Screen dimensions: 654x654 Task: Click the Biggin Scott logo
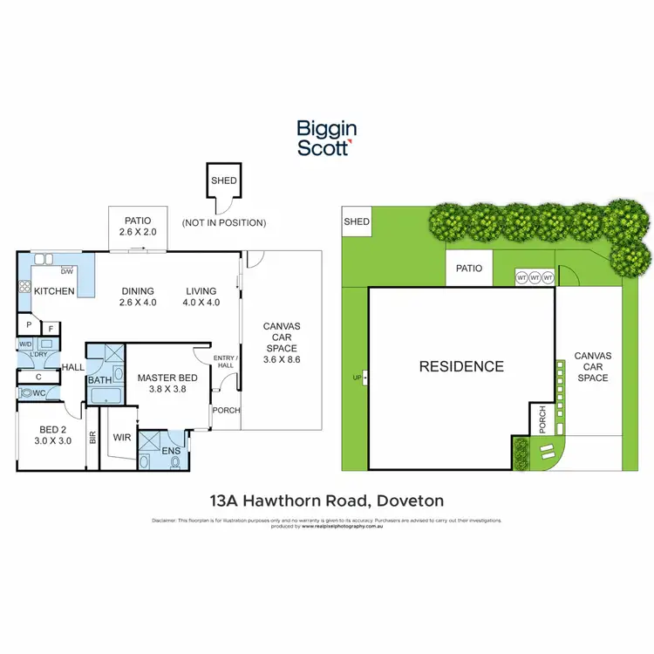click(326, 138)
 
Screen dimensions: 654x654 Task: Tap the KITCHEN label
click(54, 291)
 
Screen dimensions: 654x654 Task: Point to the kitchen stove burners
click(25, 288)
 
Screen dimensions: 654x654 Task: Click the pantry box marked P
click(29, 325)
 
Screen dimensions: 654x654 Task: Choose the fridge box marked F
click(51, 329)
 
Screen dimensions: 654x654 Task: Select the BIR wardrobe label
click(92, 439)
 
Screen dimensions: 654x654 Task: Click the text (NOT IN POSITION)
click(224, 222)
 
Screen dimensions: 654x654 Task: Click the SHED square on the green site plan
click(357, 222)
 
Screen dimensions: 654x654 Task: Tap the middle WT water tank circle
click(535, 277)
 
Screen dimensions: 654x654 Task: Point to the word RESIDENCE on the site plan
click(461, 366)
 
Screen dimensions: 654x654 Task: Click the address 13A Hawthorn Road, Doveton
click(327, 501)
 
